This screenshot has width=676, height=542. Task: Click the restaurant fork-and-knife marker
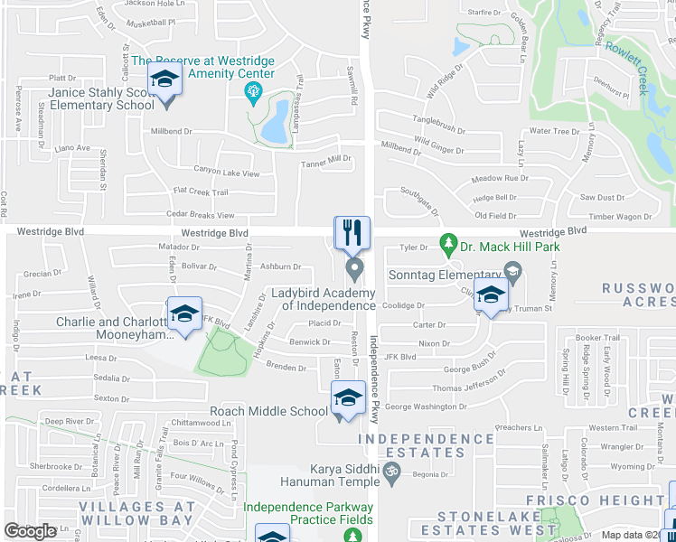click(352, 232)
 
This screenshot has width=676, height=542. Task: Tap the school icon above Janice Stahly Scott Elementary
click(165, 81)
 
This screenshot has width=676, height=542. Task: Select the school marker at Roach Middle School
click(348, 397)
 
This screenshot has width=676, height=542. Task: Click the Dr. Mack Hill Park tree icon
click(446, 243)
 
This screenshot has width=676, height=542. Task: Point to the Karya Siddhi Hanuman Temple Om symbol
click(392, 470)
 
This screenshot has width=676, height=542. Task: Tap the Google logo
click(30, 531)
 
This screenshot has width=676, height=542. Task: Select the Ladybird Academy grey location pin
click(354, 268)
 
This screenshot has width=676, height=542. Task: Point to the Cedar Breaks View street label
click(201, 215)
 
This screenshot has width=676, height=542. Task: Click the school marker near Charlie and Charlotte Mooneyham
click(184, 313)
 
